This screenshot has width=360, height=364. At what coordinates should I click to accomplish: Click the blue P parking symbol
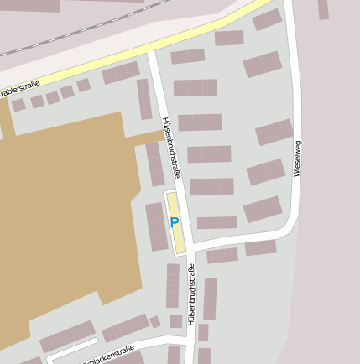click(175, 222)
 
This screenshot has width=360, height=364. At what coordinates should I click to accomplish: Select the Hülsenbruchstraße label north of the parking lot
click(171, 148)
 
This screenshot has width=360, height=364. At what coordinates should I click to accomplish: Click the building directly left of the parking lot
click(157, 226)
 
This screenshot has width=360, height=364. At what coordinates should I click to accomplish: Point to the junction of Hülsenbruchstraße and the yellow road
click(151, 51)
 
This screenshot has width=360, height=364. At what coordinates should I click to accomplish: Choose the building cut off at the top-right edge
click(323, 9)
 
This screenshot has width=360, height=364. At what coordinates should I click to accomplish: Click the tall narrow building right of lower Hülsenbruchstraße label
click(210, 299)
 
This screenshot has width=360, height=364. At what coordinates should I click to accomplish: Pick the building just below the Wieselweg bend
click(260, 247)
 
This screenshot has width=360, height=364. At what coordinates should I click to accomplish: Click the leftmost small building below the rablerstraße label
click(18, 106)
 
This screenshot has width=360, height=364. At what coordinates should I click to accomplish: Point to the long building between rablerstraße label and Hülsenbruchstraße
click(121, 73)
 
